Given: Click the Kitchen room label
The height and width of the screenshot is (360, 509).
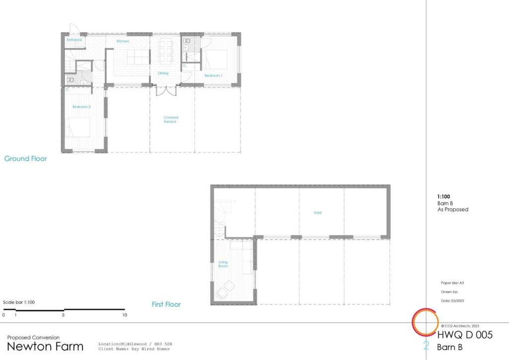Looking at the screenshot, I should click(x=123, y=41).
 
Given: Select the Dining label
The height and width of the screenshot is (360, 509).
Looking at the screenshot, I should click(x=163, y=73).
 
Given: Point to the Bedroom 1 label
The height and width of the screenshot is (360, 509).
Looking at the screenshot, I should click(x=213, y=75).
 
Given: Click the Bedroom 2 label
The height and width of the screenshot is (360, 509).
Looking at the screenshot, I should click(x=82, y=107).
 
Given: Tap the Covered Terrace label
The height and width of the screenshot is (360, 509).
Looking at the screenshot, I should click(x=170, y=119).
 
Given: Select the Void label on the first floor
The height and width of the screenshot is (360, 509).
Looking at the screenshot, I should click(x=318, y=213).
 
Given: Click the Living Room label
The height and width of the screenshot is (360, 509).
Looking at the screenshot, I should click(x=223, y=264).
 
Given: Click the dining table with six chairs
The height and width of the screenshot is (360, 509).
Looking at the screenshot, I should click(x=165, y=51).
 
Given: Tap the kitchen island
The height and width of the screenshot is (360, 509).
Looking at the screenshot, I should click(x=138, y=58).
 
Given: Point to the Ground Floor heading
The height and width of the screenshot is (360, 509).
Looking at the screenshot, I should click(x=26, y=159).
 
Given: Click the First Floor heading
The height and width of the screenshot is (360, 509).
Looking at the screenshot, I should click(x=166, y=304).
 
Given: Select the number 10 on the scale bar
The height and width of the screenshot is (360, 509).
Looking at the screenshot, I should click(x=124, y=315).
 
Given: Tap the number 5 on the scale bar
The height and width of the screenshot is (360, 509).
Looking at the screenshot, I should click(x=64, y=315).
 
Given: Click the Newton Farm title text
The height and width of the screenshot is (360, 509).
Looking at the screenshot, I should click(x=45, y=346).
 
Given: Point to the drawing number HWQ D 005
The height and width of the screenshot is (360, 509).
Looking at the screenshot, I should click(x=465, y=335).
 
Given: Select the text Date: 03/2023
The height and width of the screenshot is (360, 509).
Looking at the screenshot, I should click(x=452, y=301).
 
